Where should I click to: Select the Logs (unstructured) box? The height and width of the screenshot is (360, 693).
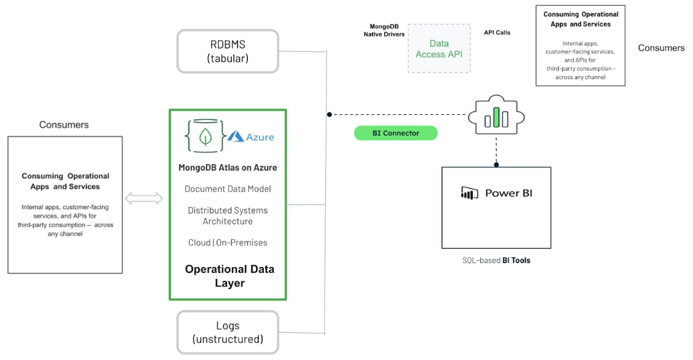228,332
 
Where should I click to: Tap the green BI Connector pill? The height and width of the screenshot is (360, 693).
396,133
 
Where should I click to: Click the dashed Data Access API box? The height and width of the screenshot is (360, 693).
439,48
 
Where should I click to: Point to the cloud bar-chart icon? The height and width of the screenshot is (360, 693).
496,118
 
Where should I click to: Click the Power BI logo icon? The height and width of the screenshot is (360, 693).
470,193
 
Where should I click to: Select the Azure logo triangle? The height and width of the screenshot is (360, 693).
235,136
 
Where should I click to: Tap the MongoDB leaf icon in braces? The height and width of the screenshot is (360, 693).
204,136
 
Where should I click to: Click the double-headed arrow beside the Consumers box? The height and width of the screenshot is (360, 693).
144,199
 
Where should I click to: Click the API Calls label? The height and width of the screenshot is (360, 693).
497,33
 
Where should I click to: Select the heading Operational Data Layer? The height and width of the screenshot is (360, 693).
229,276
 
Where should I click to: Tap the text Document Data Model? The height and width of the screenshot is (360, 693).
228,189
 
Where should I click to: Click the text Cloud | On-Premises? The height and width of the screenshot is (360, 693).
228,243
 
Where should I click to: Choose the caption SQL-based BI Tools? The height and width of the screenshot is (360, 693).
496,260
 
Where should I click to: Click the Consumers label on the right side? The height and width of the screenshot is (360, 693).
661,48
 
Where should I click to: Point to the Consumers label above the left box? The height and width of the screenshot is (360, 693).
64,125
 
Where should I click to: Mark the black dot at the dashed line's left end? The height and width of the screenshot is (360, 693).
329,114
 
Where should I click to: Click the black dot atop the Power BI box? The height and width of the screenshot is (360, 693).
496,164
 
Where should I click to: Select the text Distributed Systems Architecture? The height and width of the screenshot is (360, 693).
228,216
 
